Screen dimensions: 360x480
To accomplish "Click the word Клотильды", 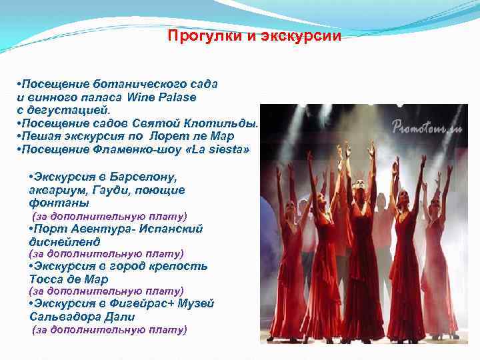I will (226, 124).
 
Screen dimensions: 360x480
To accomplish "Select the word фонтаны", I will (55, 203).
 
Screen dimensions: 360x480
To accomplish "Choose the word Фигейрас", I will (133, 304).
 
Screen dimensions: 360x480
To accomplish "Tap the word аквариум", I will (55, 190).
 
